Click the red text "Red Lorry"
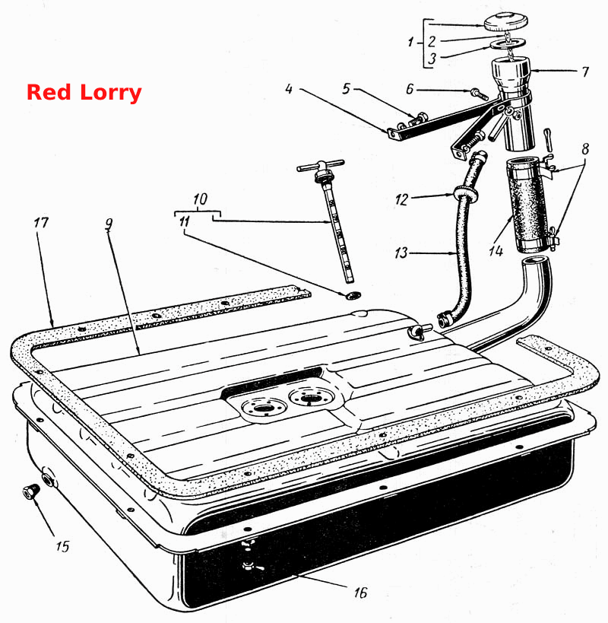tap(84, 93)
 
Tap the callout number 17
tap(41, 222)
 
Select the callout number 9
tap(109, 224)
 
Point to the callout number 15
tap(62, 546)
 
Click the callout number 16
tap(360, 593)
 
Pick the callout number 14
tap(496, 251)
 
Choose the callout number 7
tap(585, 72)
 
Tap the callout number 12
tap(401, 199)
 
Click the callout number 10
tap(201, 199)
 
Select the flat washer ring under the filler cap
tap(508, 43)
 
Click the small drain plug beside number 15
tap(30, 492)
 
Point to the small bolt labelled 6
tap(480, 94)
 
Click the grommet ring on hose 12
tap(465, 192)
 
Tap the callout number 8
tap(585, 149)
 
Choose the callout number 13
tap(401, 253)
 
